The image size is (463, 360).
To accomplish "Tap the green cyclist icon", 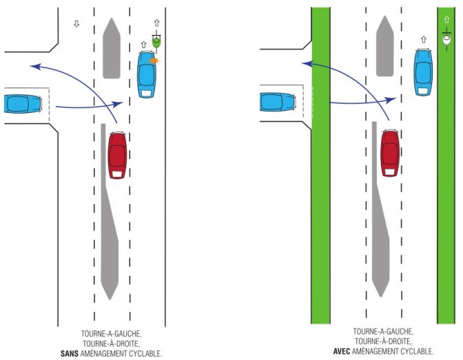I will (x=157, y=42).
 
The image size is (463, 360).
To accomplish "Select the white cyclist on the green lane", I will (x=446, y=41).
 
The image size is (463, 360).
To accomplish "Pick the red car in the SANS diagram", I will (x=118, y=155).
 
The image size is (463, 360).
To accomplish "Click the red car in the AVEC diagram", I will (x=390, y=151).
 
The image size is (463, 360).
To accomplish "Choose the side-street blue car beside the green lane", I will (x=278, y=103).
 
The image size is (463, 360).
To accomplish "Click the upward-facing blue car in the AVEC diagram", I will (x=423, y=71).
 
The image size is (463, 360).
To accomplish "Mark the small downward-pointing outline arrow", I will (x=76, y=24).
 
